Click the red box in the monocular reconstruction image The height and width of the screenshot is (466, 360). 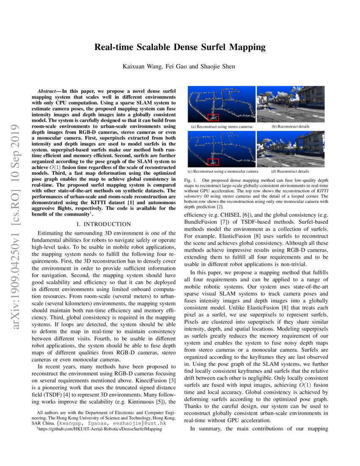click(213, 162)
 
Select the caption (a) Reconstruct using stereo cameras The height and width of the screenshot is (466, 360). click(222, 127)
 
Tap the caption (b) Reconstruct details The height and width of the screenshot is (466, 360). click(290, 127)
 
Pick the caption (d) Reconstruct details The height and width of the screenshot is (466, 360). click(290, 172)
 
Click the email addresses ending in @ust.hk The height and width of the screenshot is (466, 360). click(112, 423)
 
